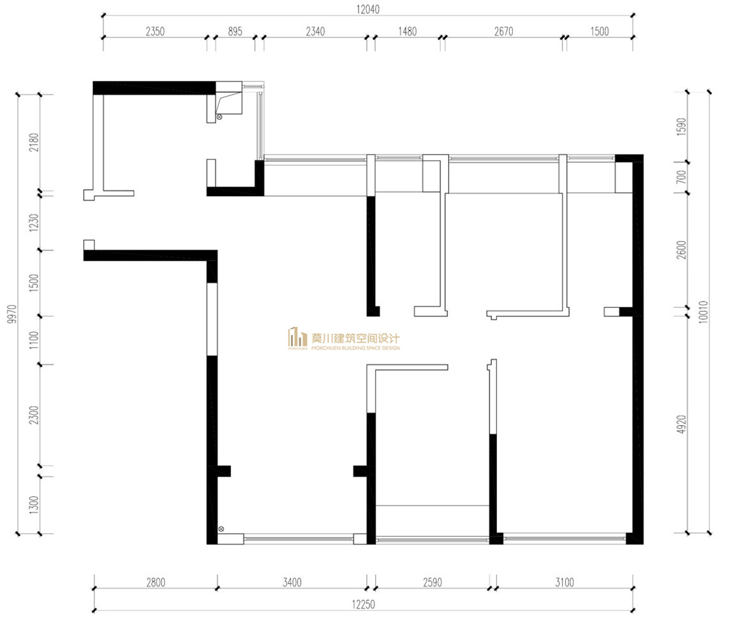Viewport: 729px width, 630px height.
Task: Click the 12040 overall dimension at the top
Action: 368,10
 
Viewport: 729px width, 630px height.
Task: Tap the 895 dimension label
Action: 235,31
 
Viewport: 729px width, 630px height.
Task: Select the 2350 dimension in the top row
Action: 155,31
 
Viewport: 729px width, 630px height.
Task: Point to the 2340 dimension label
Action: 315,31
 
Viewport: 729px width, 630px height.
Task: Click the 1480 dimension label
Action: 407,31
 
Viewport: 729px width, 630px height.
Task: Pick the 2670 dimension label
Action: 503,31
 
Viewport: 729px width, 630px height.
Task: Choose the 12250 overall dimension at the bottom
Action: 363,605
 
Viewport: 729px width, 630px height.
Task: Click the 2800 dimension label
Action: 156,582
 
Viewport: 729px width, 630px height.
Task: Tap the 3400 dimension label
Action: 292,582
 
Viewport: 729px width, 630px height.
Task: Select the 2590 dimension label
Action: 432,582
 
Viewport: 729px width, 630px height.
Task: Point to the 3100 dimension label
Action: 564,582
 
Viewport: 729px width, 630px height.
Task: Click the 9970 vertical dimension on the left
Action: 12,314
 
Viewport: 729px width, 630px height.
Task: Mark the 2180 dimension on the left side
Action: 34,142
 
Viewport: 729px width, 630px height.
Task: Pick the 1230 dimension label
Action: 34,223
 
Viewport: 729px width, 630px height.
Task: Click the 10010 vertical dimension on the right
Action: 703,312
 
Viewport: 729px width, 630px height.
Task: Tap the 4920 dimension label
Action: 681,424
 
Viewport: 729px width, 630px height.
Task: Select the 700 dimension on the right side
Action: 681,177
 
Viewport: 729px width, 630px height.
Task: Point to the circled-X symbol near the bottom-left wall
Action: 221,529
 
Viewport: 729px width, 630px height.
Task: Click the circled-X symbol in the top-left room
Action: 219,117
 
